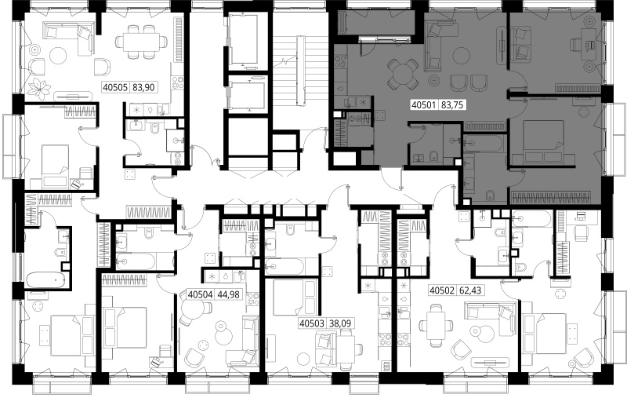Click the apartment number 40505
click(115, 87)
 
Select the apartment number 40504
click(200, 294)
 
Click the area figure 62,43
click(470, 290)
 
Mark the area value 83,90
click(143, 87)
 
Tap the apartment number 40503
click(312, 323)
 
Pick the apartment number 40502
click(442, 290)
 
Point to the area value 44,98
click(228, 294)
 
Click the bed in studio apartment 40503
click(295, 297)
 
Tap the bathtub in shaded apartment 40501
click(482, 144)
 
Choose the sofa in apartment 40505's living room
click(68, 36)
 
